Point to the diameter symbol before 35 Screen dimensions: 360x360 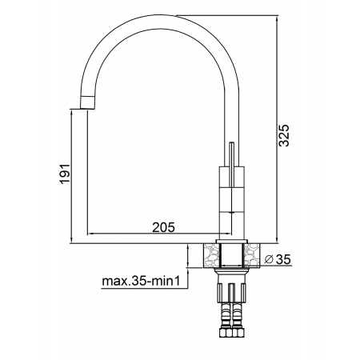coord(268,258)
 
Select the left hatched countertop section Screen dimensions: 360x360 coord(210,255)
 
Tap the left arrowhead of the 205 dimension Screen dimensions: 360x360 coord(90,234)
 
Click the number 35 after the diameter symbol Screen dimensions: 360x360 coord(283,258)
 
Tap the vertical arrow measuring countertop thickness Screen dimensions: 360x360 coord(189,255)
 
